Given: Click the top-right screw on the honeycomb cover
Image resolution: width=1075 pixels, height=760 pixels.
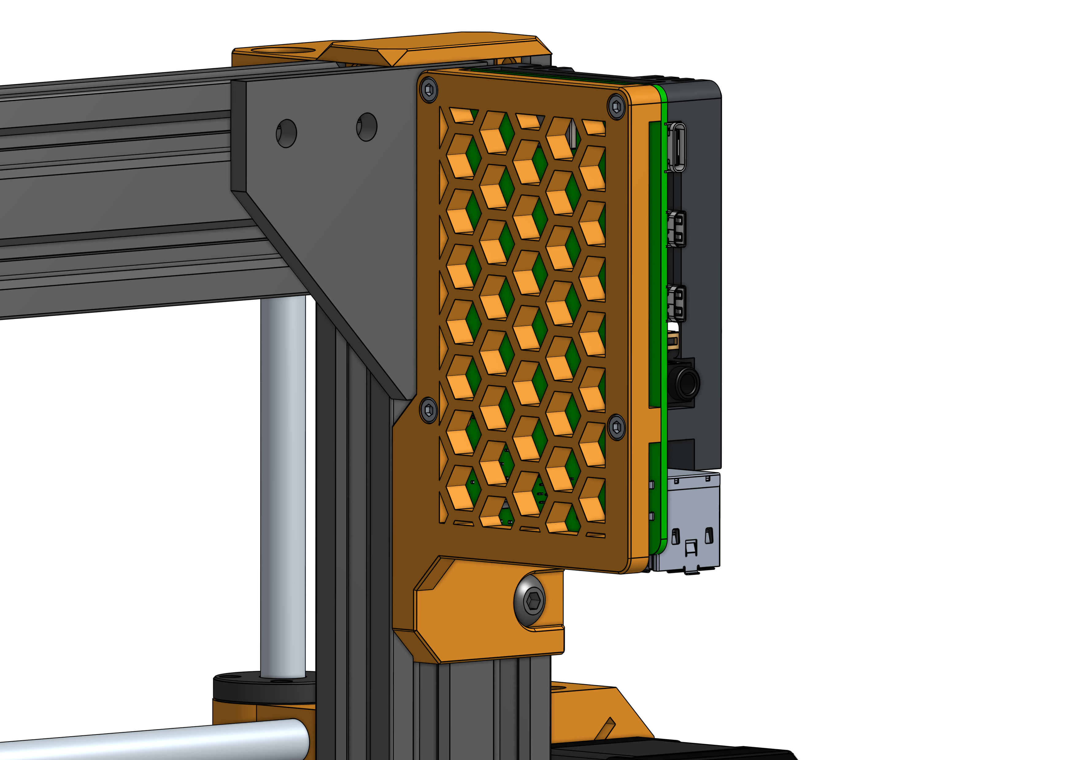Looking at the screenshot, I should click(x=616, y=107).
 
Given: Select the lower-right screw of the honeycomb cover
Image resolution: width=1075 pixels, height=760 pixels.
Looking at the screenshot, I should click(x=616, y=427).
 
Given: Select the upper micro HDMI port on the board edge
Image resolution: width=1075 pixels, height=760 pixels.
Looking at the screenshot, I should click(x=676, y=228).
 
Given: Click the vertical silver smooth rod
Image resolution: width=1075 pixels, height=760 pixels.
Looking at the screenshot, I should click(x=283, y=487).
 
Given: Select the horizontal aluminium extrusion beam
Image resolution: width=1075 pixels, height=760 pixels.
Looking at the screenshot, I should click(x=117, y=197).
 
